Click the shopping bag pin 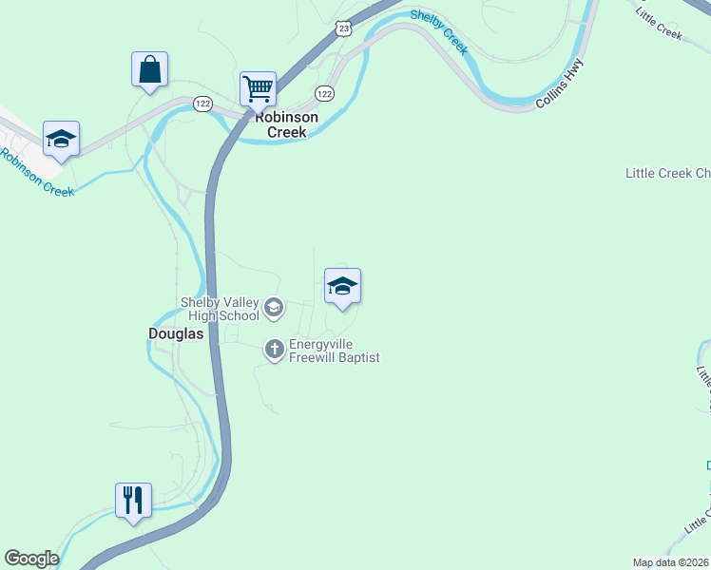coord(149,69)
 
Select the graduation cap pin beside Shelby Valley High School coord(342,286)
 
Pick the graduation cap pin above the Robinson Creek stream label coord(61,139)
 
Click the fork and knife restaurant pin coord(133,499)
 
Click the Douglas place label coord(176,333)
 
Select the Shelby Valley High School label coord(220,309)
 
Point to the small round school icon coord(274,307)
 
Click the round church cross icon coord(274,351)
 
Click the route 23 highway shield coord(343,28)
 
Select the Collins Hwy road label coord(558,85)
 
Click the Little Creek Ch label coord(667,173)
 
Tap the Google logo coord(31,559)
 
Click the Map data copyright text coord(671,561)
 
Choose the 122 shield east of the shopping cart coord(324,93)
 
